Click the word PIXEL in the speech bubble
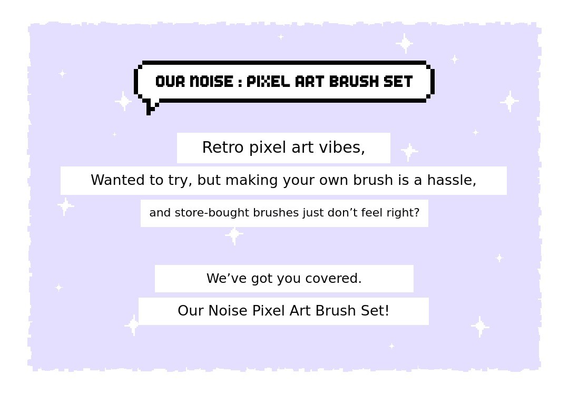click(x=268, y=82)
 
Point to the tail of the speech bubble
click(x=151, y=107)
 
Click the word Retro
click(x=223, y=147)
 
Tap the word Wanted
click(x=117, y=180)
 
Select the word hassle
click(x=452, y=180)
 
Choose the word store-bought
click(x=212, y=213)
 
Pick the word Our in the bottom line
click(x=191, y=311)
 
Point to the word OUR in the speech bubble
click(x=170, y=82)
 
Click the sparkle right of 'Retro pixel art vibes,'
click(x=409, y=151)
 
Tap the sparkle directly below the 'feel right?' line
click(x=234, y=235)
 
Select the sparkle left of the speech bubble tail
click(x=123, y=101)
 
